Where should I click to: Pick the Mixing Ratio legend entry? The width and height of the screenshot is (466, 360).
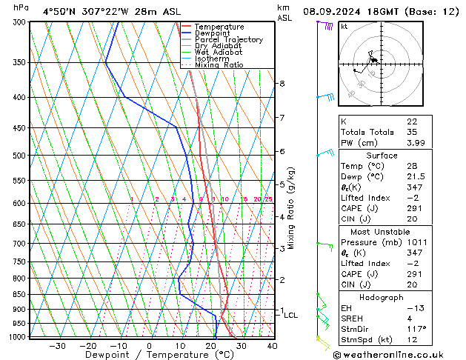219,65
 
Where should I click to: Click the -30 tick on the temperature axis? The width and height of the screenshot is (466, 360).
57,345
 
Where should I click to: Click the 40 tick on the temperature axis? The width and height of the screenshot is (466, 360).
272,345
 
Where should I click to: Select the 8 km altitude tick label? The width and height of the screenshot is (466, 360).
282,84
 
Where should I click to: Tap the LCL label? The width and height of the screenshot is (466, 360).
290,316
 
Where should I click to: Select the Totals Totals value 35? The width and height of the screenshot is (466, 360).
412,132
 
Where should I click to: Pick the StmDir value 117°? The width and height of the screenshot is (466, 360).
416,329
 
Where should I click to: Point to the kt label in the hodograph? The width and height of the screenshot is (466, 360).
344,27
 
